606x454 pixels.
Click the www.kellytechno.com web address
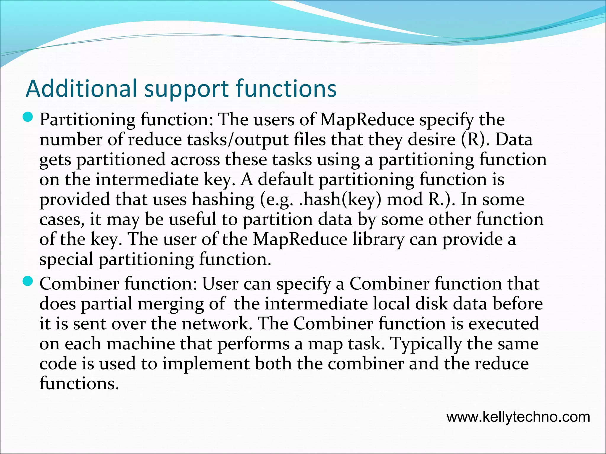coord(518,417)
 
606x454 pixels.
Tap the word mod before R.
coord(405,200)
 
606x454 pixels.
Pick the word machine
coord(141,344)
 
